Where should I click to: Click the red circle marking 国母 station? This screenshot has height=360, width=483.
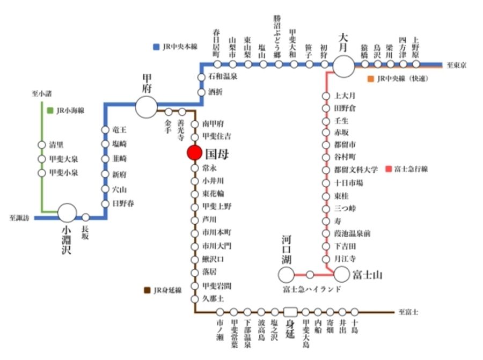pos(194,153)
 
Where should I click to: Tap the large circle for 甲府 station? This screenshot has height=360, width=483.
pos(146,107)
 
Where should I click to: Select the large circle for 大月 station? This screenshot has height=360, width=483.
pos(344,66)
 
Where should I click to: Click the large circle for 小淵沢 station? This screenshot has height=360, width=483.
pos(68,213)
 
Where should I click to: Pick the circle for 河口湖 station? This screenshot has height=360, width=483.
pos(287,275)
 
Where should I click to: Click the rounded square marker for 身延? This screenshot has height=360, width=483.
pos(290,312)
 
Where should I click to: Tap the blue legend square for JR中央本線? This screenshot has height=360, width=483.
pos(156,47)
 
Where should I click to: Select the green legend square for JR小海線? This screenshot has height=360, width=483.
pos(49,111)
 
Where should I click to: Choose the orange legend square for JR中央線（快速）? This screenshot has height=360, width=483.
pos(370,79)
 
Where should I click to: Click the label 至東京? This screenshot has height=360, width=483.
pos(457,65)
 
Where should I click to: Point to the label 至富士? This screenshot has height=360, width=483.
pos(409,312)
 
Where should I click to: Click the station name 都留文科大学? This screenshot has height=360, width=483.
pos(356,170)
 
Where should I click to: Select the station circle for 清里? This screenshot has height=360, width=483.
pos(41,145)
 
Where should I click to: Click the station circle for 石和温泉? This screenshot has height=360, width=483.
pos(202,77)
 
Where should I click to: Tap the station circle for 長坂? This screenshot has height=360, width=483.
pos(85,217)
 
